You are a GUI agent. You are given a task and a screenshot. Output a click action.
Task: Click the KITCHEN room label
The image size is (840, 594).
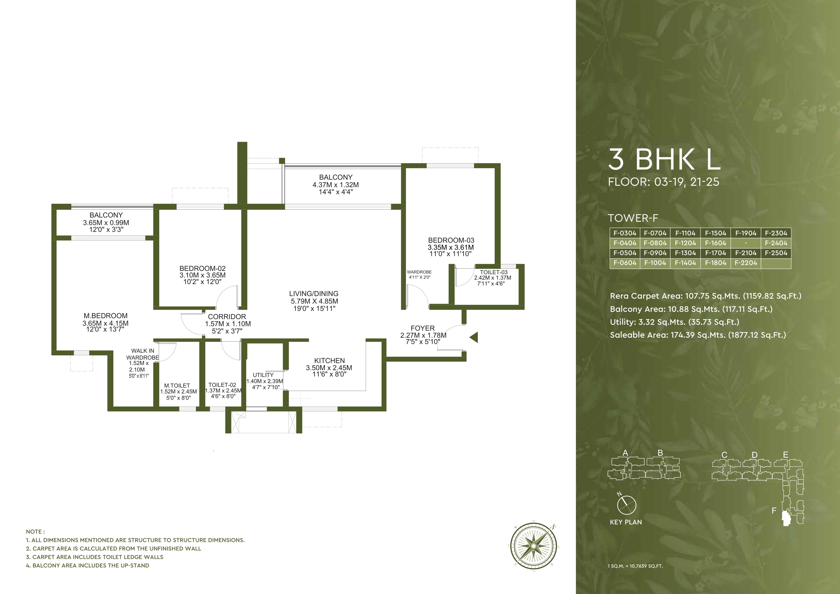click(x=329, y=361)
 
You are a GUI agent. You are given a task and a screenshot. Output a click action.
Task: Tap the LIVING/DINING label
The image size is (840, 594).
click(x=313, y=294)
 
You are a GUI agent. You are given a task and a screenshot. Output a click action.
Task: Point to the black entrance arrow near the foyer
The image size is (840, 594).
click(x=474, y=337)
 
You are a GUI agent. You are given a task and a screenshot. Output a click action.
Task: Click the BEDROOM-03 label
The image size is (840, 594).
click(x=451, y=240)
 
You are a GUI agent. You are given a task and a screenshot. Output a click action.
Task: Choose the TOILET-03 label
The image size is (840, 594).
click(x=494, y=272)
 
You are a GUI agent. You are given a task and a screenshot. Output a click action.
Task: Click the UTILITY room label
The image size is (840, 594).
click(x=263, y=375)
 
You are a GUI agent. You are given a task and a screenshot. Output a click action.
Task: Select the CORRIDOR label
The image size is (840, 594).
click(x=227, y=317)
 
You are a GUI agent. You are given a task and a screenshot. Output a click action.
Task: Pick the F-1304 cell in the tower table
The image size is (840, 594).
click(x=685, y=253)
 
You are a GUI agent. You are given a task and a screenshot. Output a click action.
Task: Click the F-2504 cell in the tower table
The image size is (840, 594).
click(x=776, y=253)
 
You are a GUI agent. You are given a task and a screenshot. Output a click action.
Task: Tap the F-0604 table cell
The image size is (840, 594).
click(x=625, y=263)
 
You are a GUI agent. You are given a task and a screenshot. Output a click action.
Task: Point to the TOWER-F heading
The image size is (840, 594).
click(x=633, y=218)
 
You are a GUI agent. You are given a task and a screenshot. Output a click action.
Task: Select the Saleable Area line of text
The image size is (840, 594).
click(x=698, y=335)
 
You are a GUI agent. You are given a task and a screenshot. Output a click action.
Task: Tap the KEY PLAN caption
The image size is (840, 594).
click(x=626, y=522)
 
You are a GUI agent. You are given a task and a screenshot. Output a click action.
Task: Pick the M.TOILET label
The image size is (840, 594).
click(x=177, y=385)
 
